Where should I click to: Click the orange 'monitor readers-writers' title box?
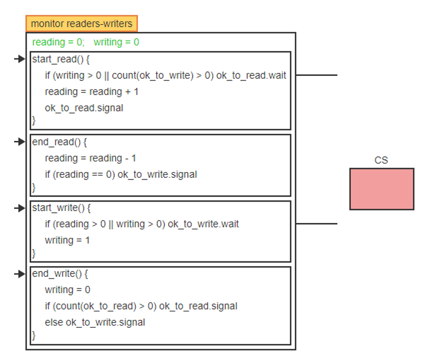[81, 23]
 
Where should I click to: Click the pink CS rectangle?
[381, 189]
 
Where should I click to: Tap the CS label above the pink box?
[381, 160]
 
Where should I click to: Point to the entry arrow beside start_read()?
[20, 59]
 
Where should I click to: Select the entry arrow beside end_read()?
[20, 142]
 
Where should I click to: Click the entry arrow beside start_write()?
[20, 208]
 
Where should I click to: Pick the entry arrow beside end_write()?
[20, 274]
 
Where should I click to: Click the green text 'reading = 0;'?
[58, 42]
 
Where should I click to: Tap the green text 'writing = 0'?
[117, 42]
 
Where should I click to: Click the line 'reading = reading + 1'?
[92, 92]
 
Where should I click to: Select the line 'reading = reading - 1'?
[90, 158]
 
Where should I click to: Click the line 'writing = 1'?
[66, 240]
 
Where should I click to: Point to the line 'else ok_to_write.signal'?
[95, 323]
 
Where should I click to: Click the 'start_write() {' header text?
[61, 208]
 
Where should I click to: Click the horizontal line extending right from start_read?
[317, 75]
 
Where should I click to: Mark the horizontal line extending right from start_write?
[317, 224]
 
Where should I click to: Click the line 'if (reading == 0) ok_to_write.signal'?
[121, 174]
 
